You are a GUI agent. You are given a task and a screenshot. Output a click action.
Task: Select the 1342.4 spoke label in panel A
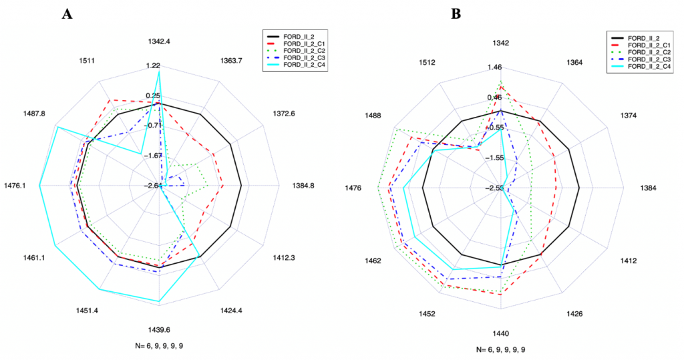tap(159, 41)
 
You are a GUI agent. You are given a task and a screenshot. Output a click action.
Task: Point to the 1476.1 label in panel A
tap(15, 186)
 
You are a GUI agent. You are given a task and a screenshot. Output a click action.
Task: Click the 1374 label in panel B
tap(611, 116)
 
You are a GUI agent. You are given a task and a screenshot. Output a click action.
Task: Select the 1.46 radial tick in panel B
tap(495, 67)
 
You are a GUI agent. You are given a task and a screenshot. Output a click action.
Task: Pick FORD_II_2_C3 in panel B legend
tap(647, 59)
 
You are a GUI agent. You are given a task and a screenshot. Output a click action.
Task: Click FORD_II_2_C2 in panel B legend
tap(647, 51)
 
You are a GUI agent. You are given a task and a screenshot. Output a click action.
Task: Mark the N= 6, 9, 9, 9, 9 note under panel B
tap(505, 349)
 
